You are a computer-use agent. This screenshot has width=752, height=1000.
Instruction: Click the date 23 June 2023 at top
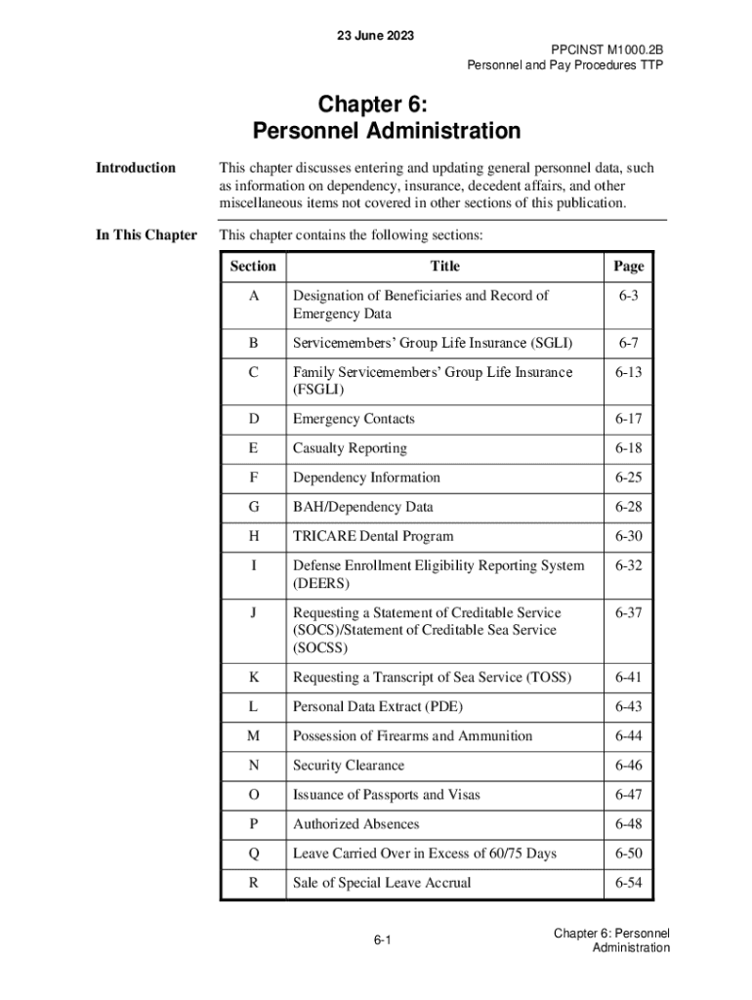coord(375,36)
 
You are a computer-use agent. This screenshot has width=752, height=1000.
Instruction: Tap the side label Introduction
coord(136,168)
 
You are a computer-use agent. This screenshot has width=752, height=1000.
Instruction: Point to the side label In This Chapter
coord(146,235)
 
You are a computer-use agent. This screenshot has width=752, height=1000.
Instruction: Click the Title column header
coord(444,267)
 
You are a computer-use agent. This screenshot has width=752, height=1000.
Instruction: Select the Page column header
coord(628,267)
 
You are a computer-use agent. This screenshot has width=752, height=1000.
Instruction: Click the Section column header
coord(253,267)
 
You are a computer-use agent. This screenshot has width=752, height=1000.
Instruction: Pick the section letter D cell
coord(254,419)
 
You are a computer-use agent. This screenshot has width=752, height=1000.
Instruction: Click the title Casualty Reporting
coord(350,448)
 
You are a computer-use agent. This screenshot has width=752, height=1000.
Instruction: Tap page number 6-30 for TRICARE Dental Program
coord(628,536)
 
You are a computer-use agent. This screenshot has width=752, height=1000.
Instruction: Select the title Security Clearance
coord(348,766)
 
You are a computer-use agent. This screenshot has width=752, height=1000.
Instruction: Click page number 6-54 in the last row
coord(628,883)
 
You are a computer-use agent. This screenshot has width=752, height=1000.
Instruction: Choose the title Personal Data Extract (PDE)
coord(378,707)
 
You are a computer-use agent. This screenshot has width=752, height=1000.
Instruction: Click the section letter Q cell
coord(254,854)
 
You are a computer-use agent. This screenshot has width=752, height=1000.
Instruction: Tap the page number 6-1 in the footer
coord(382,940)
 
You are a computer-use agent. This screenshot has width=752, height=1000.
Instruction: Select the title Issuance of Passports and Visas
coord(386,795)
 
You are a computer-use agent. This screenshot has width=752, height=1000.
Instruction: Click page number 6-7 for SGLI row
coord(628,343)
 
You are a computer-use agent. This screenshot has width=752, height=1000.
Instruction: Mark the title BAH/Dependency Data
coord(362,507)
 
